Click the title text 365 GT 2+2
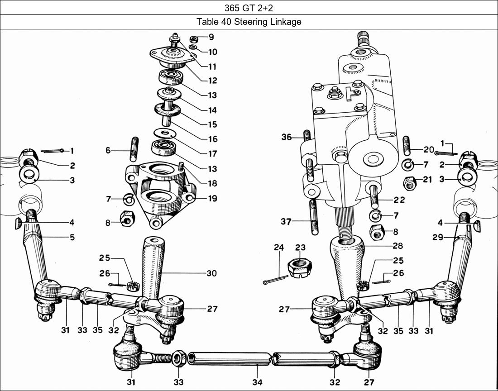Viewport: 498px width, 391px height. click(x=249, y=7)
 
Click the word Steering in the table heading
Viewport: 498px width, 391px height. click(x=249, y=22)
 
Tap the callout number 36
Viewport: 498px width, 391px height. click(x=286, y=137)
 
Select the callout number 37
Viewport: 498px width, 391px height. click(x=286, y=221)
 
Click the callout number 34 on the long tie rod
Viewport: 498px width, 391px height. click(x=257, y=382)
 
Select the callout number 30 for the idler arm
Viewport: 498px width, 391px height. click(x=211, y=273)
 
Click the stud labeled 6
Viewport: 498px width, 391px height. click(x=134, y=150)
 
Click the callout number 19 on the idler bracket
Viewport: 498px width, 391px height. click(x=212, y=198)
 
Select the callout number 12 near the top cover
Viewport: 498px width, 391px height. click(x=212, y=81)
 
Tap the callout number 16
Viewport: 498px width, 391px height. click(x=212, y=139)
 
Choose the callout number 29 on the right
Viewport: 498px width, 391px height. click(x=437, y=237)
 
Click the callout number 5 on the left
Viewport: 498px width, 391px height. click(x=72, y=237)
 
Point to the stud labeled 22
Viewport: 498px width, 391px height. click(x=374, y=196)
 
